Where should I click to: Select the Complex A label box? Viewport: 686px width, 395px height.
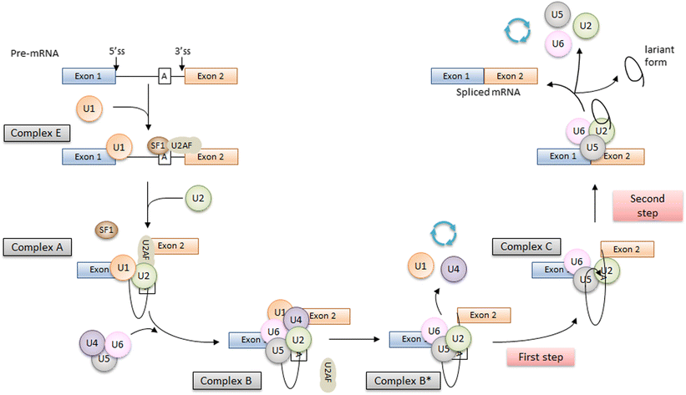37,247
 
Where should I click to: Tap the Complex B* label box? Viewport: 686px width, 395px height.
397,381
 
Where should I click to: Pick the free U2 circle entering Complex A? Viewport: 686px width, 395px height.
197,199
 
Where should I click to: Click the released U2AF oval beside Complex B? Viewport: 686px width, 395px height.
329,372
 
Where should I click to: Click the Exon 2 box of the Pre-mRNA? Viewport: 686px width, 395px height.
211,77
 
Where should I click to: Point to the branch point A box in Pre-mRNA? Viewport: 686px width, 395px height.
165,77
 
